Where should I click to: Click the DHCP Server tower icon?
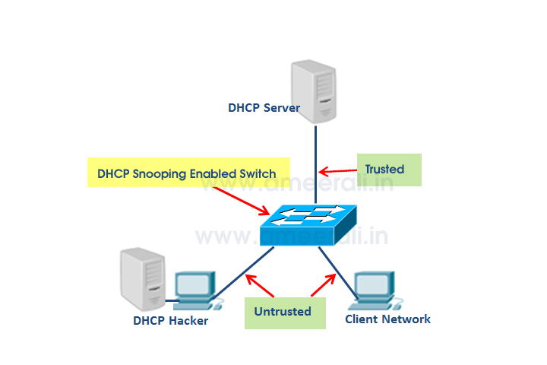coord(314,90)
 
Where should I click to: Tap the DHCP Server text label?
coord(264,108)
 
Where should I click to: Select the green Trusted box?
coord(389,170)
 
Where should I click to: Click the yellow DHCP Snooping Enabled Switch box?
coord(186,173)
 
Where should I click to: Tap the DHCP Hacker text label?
coord(170,320)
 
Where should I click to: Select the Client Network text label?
coord(387,319)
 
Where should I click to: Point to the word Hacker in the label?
coord(187,320)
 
